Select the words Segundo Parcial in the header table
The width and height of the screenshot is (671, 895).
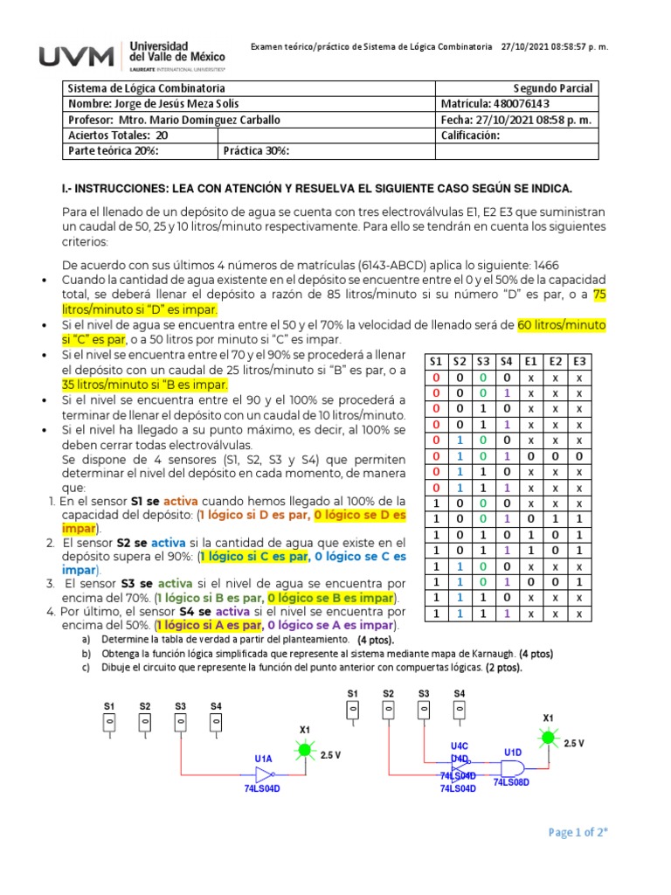point(552,88)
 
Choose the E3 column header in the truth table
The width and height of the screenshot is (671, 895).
point(578,361)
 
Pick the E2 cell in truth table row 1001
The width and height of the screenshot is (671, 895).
point(554,519)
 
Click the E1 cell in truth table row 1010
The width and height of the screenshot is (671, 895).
point(530,535)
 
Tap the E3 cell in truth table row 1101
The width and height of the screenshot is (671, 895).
point(578,582)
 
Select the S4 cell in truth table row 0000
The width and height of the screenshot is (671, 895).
point(506,377)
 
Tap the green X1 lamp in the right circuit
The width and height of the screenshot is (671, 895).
point(548,739)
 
